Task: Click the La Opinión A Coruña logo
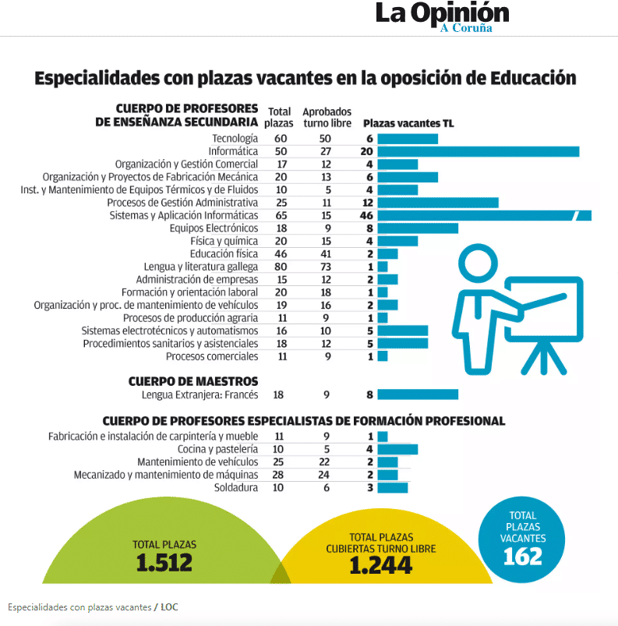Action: (x=442, y=16)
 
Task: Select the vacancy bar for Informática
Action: (x=478, y=151)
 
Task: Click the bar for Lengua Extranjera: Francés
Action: (x=418, y=394)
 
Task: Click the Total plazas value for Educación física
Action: (x=281, y=253)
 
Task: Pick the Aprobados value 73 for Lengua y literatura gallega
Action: (x=326, y=266)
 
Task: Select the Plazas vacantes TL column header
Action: (x=408, y=123)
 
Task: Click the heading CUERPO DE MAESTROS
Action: (x=193, y=380)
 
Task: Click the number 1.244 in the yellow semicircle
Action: (x=380, y=566)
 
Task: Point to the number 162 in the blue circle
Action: (x=523, y=556)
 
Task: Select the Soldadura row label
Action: (x=235, y=488)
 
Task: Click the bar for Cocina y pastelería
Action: (x=397, y=449)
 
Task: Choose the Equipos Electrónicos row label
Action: (x=214, y=228)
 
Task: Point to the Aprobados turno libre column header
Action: (x=327, y=118)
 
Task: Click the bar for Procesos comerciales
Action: (x=383, y=356)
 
